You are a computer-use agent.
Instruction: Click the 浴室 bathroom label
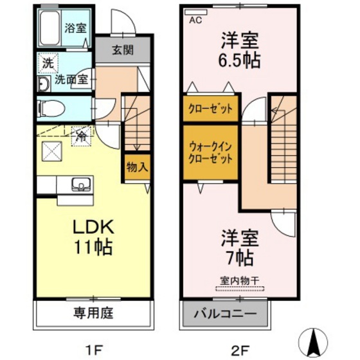point(76,28)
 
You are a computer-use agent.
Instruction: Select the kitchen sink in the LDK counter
point(80,185)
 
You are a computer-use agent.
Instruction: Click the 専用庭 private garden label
point(93,314)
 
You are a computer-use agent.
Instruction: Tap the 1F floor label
point(94,350)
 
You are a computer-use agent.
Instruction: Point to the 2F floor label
point(240,350)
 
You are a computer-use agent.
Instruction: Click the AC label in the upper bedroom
point(194,21)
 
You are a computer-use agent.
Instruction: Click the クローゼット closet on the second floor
point(211,108)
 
